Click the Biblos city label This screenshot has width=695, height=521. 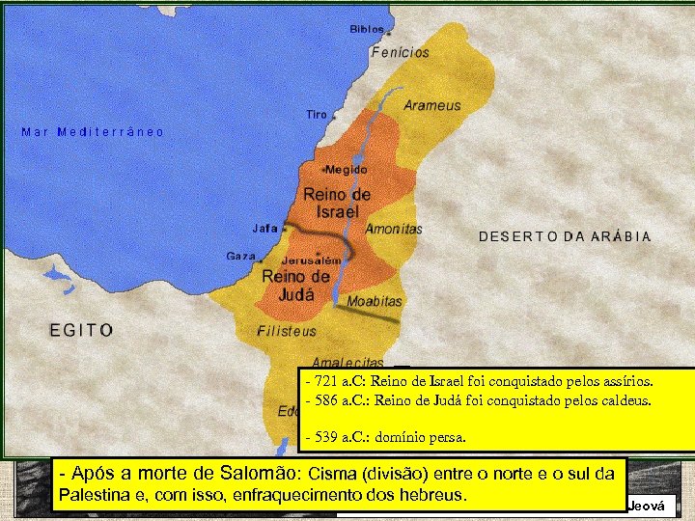pos(367,30)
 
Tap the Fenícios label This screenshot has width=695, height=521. pos(401,53)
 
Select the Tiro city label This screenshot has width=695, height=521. pos(317,115)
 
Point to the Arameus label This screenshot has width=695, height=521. pos(432,105)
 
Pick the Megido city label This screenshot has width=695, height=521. pos(347,170)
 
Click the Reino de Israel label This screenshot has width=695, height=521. pos(337,204)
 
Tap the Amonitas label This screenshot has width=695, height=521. pos(394,230)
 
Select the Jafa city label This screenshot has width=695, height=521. pos(264,229)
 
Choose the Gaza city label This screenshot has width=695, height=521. pos(240,257)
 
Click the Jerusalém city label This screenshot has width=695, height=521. pos(312,260)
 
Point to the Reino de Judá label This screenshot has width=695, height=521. pos(296,286)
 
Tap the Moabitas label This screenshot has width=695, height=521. pos(375,302)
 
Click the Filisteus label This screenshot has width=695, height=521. pos(287,331)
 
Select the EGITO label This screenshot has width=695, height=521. pos(82,330)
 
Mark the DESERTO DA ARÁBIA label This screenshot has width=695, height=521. pos(565,236)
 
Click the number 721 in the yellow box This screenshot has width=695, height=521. pos(327,381)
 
